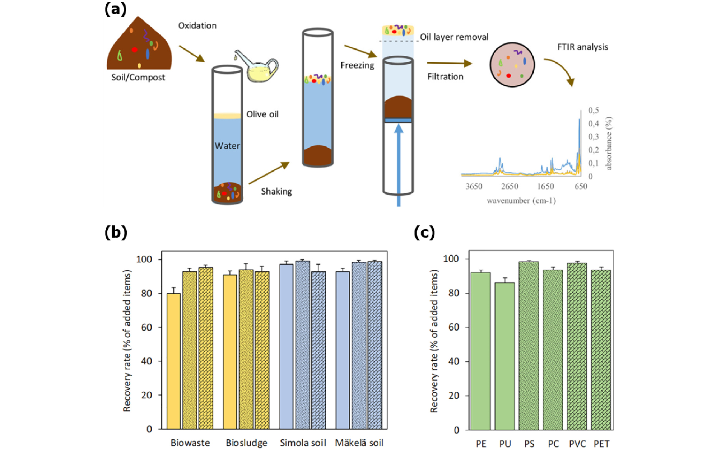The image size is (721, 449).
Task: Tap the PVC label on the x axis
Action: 577,444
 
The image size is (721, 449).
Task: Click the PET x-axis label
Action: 601,444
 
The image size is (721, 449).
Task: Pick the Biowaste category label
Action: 190,443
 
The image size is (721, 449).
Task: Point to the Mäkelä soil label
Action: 359,443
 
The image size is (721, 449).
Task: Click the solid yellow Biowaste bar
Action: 174,361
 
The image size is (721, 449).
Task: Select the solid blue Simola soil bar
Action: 286,346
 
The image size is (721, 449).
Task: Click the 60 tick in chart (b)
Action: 146,327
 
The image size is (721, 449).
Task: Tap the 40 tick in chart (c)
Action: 454,361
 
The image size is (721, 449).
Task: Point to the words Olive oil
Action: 262,114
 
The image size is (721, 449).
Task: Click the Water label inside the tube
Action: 227,146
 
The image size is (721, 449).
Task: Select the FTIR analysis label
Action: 582,47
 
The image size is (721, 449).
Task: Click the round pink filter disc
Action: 512,65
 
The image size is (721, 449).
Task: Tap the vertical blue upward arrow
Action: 399,165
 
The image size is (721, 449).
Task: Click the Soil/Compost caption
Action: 138,77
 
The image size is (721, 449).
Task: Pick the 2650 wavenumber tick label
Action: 510,186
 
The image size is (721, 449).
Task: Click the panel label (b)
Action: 116,232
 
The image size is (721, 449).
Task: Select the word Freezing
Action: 357,65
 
